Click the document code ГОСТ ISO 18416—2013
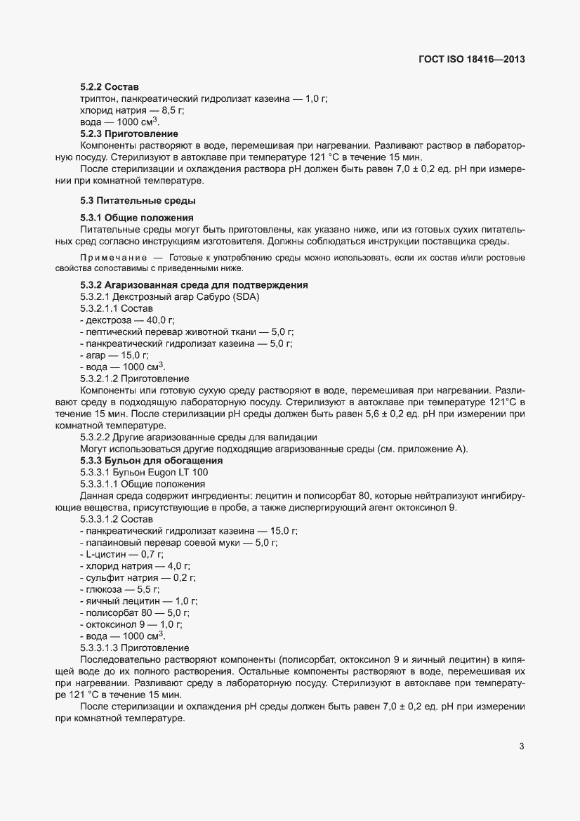point(472,60)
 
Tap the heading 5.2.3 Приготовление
point(129,133)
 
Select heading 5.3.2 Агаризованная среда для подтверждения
point(194,286)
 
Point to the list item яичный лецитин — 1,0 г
point(139,601)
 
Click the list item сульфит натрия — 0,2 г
point(138,577)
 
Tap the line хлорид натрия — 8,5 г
point(122,111)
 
